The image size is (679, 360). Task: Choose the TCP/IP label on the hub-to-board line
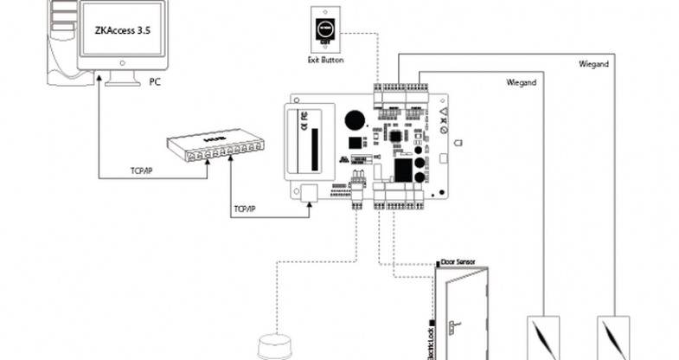247,209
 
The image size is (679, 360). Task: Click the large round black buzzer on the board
353,120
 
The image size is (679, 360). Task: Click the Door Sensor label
458,260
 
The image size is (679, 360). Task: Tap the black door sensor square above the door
439,260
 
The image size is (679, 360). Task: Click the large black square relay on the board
402,169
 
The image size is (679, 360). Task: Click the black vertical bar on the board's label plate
314,142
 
